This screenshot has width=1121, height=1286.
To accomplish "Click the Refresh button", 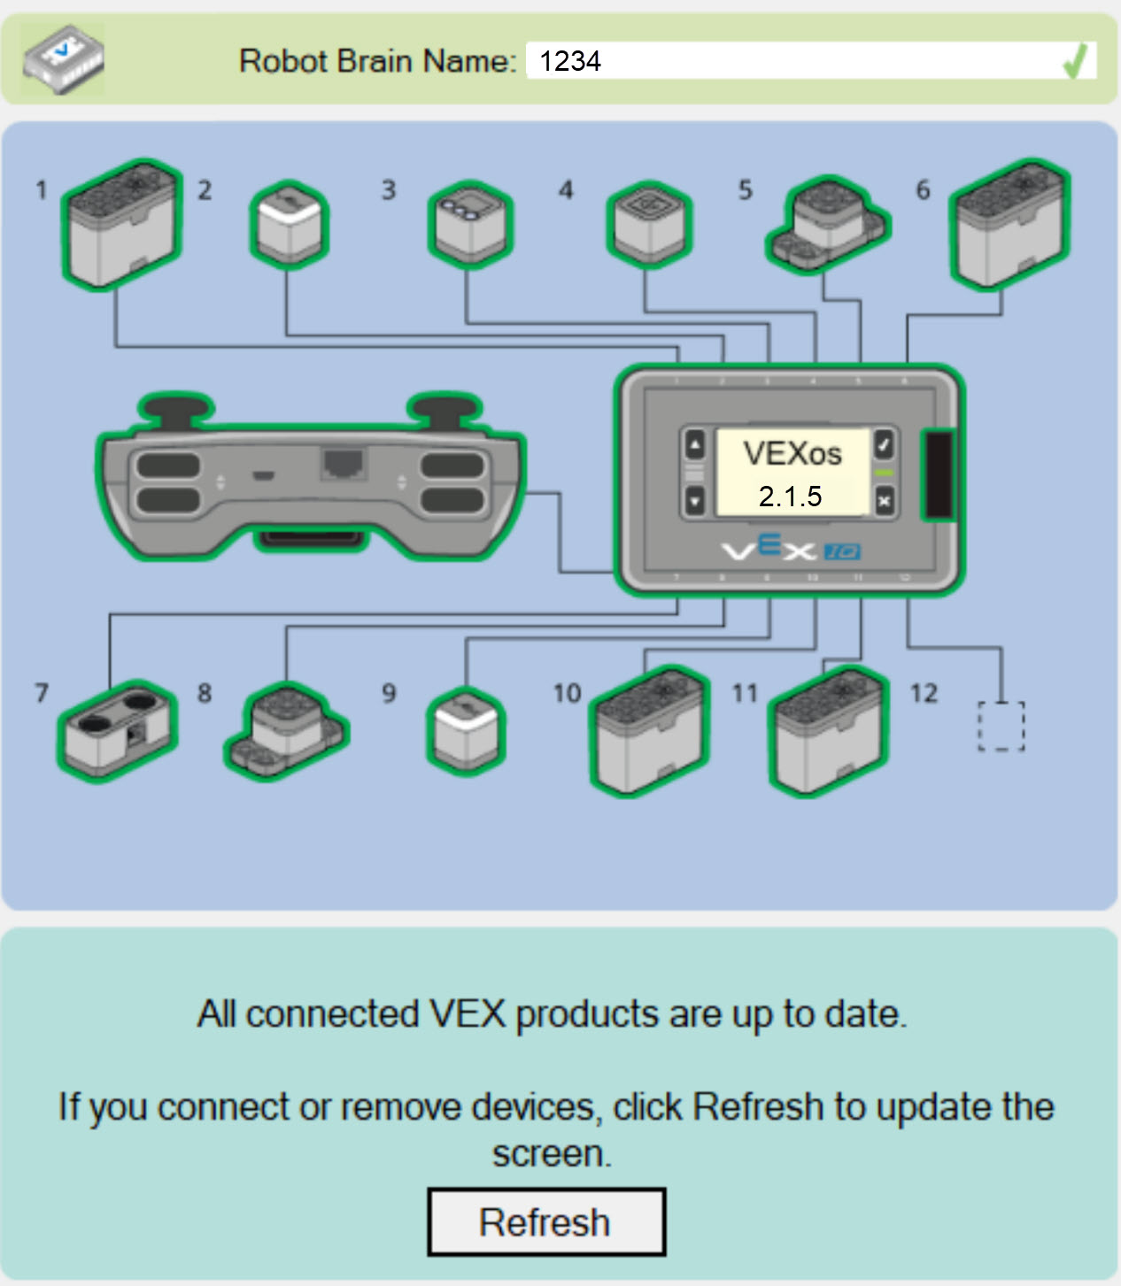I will tap(545, 1222).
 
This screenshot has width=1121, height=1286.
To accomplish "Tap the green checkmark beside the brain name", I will tap(1074, 62).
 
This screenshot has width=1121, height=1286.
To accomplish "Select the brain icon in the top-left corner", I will tap(63, 60).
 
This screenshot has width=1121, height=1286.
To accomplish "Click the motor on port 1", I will tap(121, 225).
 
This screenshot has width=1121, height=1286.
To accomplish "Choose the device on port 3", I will tap(470, 225).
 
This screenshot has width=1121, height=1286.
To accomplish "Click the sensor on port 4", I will tap(649, 225).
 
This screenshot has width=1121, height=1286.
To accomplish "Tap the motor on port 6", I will tap(1009, 225).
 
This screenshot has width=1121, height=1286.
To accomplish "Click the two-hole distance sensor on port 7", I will tap(118, 729).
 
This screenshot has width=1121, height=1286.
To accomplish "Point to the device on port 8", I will tap(287, 731).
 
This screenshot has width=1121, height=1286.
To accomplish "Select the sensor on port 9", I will tap(467, 731).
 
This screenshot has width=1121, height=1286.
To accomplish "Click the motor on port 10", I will tap(650, 731).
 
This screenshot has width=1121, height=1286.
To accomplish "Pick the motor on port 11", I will tap(829, 731).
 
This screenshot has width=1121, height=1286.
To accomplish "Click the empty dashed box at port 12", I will tap(1001, 727).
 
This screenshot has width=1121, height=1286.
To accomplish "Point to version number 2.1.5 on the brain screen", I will tap(790, 497).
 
